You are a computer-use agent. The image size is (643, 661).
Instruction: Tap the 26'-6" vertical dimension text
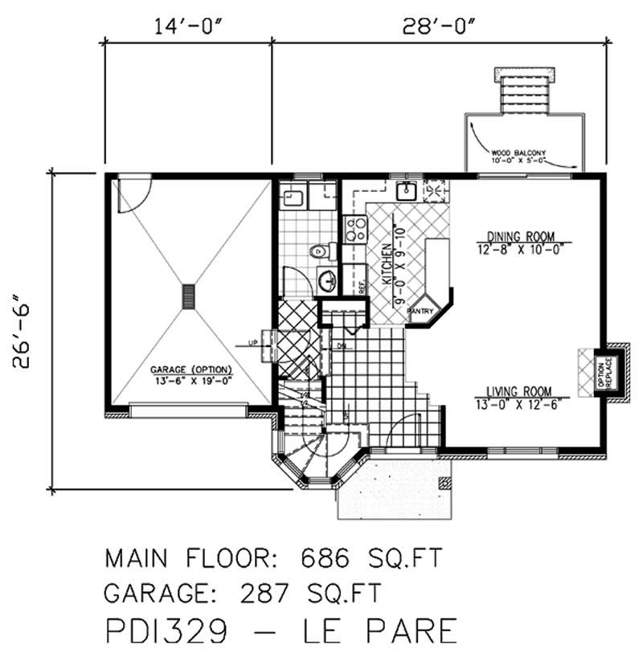[x=23, y=330]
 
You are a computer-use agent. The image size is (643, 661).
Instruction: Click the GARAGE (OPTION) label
[x=190, y=370]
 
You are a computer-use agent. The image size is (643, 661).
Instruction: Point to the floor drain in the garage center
[x=189, y=296]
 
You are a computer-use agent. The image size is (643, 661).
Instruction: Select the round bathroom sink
[x=326, y=280]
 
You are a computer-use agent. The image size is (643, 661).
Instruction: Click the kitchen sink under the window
[x=408, y=191]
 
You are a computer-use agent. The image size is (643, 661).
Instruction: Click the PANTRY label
[x=420, y=310]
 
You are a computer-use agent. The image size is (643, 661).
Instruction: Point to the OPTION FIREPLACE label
[x=604, y=372]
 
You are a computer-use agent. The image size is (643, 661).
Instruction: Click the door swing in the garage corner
[x=131, y=196]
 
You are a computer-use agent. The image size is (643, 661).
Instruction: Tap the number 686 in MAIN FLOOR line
[x=329, y=557]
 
